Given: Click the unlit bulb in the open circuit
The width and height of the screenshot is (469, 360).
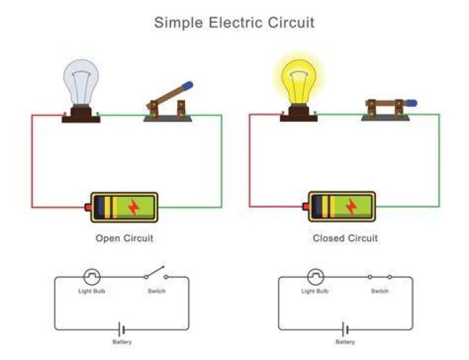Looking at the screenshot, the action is point(81,82).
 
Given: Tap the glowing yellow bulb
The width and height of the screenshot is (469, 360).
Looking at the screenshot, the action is point(299,81).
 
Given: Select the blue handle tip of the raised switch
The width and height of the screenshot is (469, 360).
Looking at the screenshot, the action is point(188,86).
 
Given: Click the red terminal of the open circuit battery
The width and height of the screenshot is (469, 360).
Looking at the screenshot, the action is point(88,207).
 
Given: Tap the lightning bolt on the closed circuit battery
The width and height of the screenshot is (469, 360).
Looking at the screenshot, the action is point(351,206).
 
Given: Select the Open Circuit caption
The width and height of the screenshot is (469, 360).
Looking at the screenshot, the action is point(124,238).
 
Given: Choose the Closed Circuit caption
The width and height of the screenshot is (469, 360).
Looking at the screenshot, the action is point(345,238).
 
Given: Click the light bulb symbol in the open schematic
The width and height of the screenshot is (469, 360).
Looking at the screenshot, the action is point(92,277).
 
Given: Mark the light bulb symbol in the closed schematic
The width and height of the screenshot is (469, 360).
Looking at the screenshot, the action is point(315,277).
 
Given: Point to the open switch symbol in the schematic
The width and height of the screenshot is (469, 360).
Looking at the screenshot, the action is point(156,272).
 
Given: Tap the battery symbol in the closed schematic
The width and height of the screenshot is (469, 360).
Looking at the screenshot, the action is point(345,329).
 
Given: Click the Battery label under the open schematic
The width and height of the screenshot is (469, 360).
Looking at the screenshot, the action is point(122,342).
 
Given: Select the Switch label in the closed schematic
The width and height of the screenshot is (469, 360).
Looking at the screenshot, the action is point(380,291).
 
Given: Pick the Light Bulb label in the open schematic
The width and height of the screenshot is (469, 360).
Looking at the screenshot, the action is point(92,291).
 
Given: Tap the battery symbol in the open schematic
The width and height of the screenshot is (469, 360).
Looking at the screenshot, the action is point(122,329).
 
